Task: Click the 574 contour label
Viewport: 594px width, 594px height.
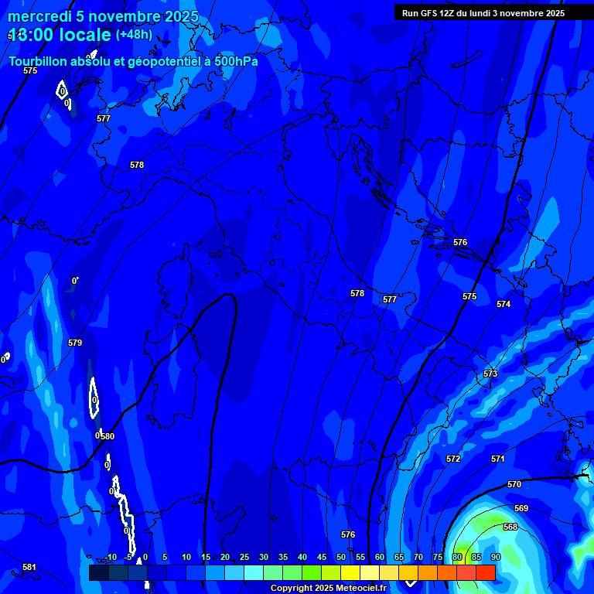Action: click(504, 304)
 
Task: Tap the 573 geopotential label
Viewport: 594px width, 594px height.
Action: click(490, 374)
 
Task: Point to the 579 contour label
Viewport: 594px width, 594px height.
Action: click(75, 343)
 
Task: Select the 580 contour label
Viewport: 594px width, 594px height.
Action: click(108, 436)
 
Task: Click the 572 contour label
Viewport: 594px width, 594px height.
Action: click(453, 459)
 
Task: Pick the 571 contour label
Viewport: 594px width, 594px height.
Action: click(497, 459)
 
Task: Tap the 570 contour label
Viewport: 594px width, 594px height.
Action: click(514, 484)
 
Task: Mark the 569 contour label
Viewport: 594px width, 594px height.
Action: click(521, 508)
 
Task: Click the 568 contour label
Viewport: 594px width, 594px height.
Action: click(510, 527)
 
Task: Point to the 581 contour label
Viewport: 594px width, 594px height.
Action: click(29, 567)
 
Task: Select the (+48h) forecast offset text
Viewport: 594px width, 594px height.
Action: click(134, 35)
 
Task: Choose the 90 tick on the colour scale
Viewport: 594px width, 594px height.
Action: click(495, 557)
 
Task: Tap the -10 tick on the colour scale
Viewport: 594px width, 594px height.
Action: click(111, 557)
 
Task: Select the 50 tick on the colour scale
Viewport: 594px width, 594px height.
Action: click(340, 557)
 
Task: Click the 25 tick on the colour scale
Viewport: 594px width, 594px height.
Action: click(244, 557)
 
